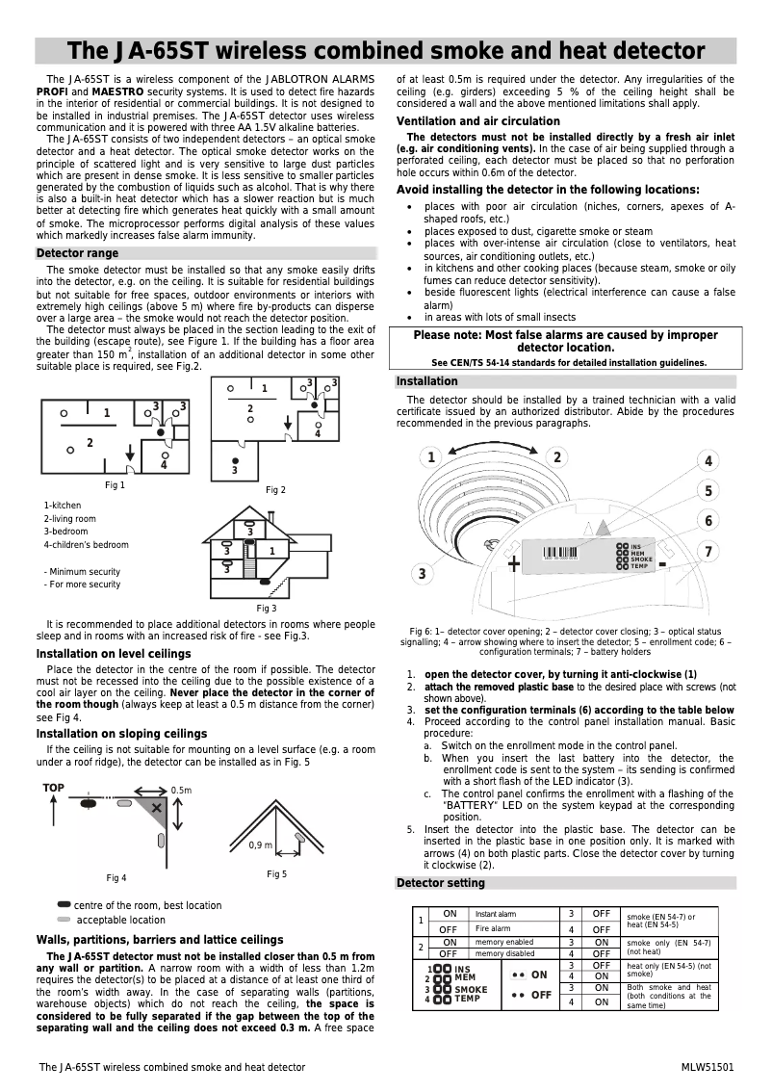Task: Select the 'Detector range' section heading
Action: coord(77,253)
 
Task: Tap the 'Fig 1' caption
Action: coord(116,484)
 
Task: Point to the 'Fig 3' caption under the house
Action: coord(266,608)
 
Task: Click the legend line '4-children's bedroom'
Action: coord(87,545)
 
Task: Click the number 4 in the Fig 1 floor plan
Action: coord(164,465)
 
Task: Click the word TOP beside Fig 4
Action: coord(54,788)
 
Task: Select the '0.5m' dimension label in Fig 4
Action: coord(181,790)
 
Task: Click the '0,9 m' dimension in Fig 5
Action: coord(261,845)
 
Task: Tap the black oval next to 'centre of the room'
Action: coord(64,904)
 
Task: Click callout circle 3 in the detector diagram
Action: coord(422,574)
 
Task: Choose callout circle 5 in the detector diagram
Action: coord(708,491)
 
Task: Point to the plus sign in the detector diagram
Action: coord(514,562)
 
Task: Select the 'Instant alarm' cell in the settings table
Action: coord(496,913)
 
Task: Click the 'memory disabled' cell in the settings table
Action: coord(504,953)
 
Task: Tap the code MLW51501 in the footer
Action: coord(708,1067)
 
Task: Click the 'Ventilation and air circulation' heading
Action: coord(478,121)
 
